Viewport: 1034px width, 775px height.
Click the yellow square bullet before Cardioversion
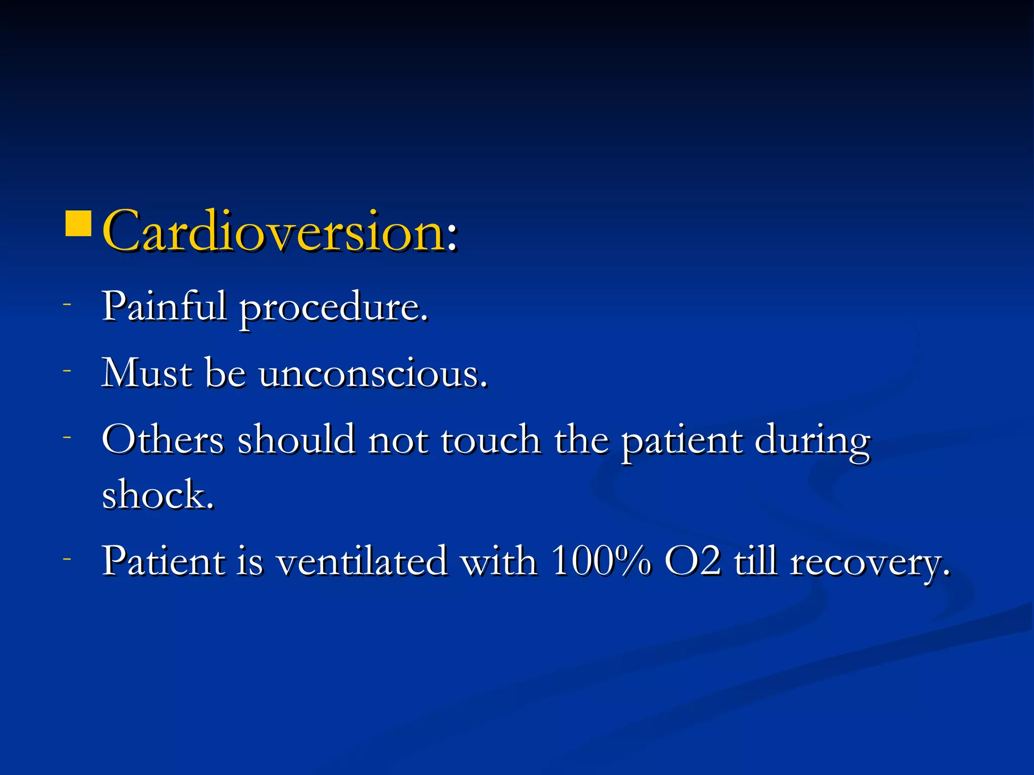(x=78, y=224)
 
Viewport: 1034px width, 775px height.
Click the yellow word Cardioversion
(x=273, y=231)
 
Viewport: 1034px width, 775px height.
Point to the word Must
(x=147, y=373)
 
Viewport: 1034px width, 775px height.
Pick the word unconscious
(x=373, y=374)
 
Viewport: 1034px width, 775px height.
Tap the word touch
(x=490, y=440)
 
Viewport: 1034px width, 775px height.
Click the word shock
(x=158, y=494)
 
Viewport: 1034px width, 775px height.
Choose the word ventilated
(x=361, y=561)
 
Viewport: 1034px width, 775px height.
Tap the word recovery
(x=869, y=563)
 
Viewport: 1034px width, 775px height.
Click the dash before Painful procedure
(x=67, y=304)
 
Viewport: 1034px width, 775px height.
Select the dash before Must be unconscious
(x=67, y=371)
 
